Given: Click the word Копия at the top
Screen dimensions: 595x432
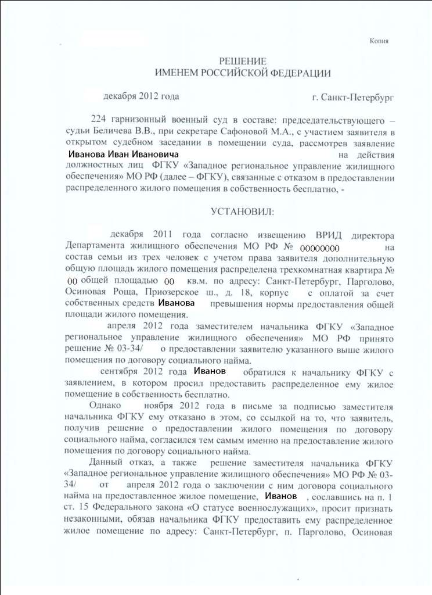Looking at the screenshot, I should click(379, 41).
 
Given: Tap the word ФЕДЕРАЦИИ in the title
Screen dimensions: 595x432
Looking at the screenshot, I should click(301, 73).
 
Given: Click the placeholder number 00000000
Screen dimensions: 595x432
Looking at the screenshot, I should click(315, 248).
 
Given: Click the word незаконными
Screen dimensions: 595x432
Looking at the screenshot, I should click(92, 519).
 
